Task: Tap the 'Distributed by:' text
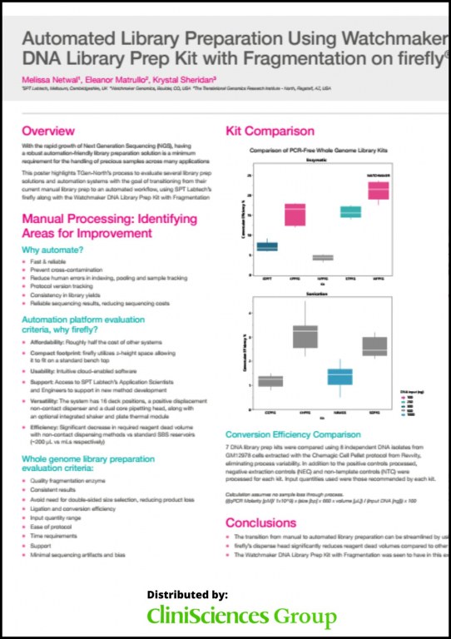click(x=186, y=595)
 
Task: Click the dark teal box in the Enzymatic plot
click(x=267, y=246)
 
